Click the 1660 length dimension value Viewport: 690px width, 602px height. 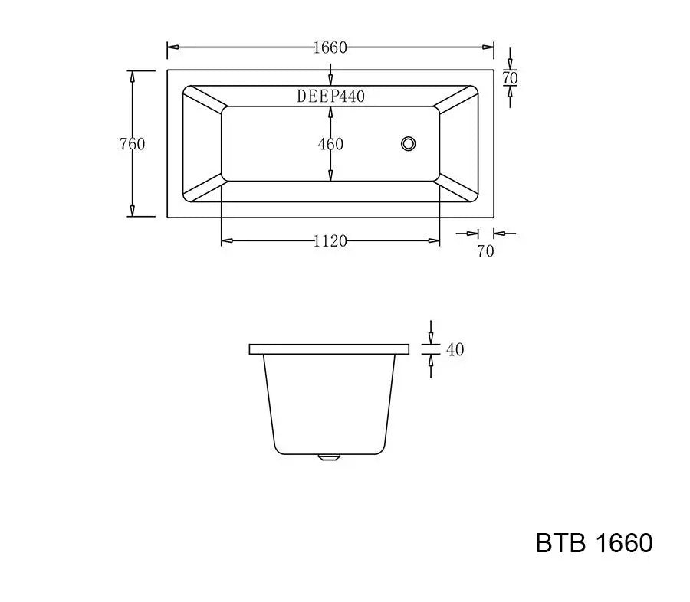(330, 47)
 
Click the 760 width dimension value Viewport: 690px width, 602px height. (132, 144)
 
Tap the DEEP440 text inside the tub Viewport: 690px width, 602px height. (330, 97)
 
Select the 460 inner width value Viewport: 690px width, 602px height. (330, 144)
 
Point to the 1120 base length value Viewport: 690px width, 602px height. (330, 241)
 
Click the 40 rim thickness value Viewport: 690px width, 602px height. (455, 349)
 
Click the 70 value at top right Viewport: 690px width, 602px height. (511, 78)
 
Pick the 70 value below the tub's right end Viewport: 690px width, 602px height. (486, 250)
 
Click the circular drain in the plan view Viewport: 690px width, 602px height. (409, 142)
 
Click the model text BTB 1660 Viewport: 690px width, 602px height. (594, 543)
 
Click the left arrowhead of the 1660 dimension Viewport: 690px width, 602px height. (172, 47)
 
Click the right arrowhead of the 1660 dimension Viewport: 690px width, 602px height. (488, 47)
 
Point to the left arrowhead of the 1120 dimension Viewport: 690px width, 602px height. (226, 241)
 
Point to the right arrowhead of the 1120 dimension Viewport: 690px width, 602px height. (435, 241)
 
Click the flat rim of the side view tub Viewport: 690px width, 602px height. (329, 349)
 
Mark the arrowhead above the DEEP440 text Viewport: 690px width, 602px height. (330, 80)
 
